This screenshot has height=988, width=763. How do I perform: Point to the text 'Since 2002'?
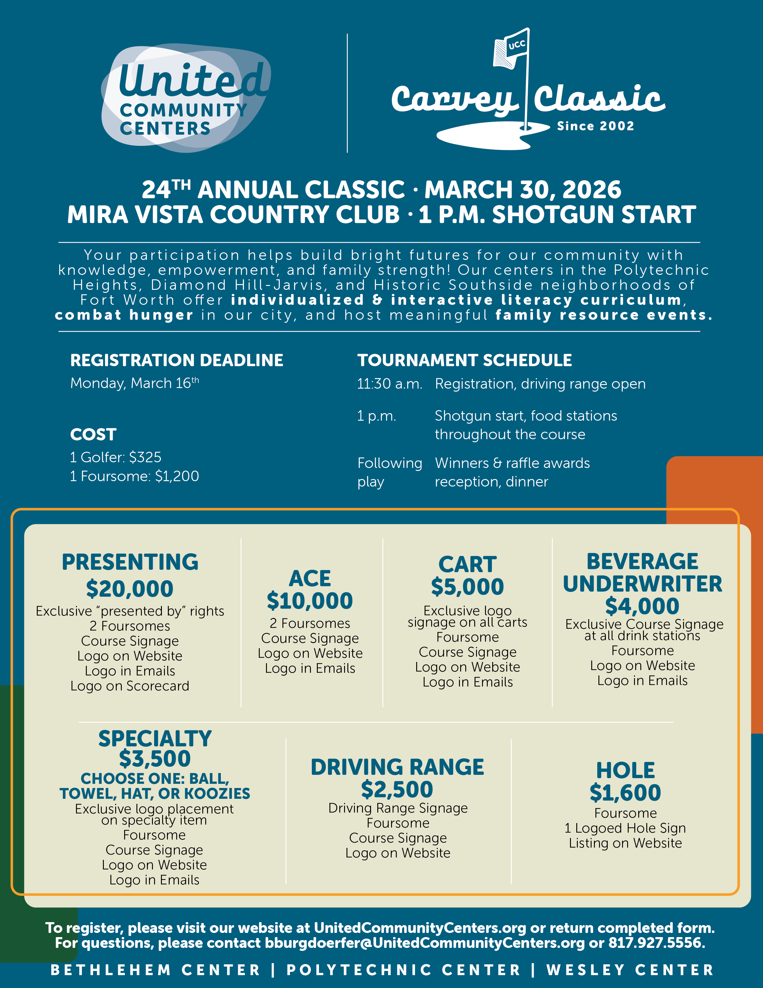pyautogui.click(x=595, y=126)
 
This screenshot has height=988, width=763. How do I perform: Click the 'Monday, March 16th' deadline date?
pyautogui.click(x=134, y=383)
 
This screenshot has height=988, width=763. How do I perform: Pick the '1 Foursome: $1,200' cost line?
pyautogui.click(x=134, y=476)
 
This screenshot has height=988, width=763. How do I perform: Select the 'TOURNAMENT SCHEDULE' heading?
pyautogui.click(x=464, y=360)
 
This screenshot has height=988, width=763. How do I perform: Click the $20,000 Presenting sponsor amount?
pyautogui.click(x=130, y=589)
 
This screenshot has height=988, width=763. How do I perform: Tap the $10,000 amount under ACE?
pyautogui.click(x=310, y=601)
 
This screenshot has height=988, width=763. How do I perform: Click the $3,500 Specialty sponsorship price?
pyautogui.click(x=155, y=759)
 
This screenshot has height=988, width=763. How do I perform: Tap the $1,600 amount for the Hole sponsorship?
pyautogui.click(x=625, y=792)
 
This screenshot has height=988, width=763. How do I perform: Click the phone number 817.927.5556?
pyautogui.click(x=656, y=943)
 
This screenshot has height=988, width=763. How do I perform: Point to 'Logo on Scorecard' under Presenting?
pyautogui.click(x=130, y=686)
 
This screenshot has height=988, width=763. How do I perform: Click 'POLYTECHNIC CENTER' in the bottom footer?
pyautogui.click(x=404, y=970)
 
